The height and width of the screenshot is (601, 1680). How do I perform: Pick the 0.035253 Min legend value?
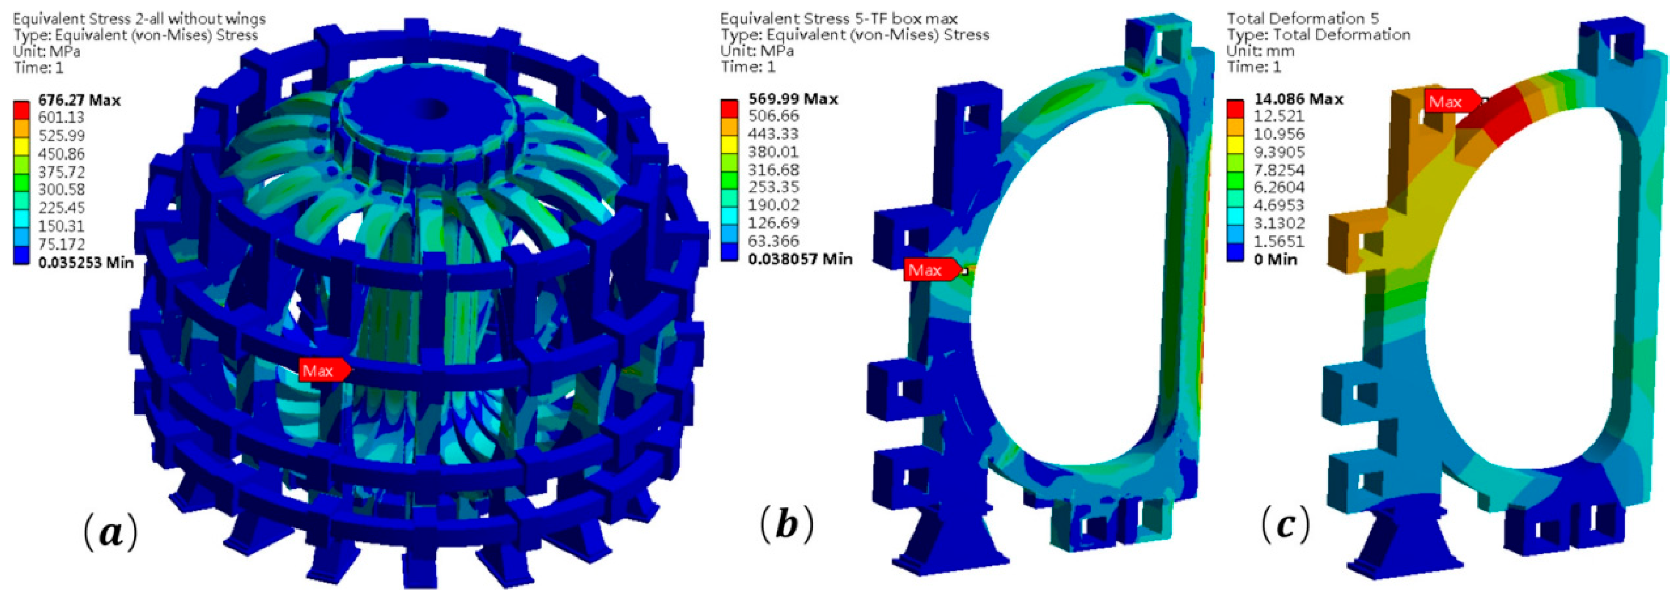point(85,262)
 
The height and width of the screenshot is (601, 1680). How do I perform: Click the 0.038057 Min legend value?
point(800,259)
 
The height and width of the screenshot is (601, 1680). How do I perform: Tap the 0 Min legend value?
point(1276,259)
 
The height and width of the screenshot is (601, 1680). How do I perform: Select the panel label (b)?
point(787,524)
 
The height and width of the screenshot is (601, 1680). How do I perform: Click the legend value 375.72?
point(61,171)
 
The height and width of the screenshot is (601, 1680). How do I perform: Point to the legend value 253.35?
point(774,187)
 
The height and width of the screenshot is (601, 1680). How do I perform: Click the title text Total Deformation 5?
point(1302,18)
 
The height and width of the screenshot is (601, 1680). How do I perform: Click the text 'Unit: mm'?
point(1260,50)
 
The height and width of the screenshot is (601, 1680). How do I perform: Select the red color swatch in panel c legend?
point(1234,108)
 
